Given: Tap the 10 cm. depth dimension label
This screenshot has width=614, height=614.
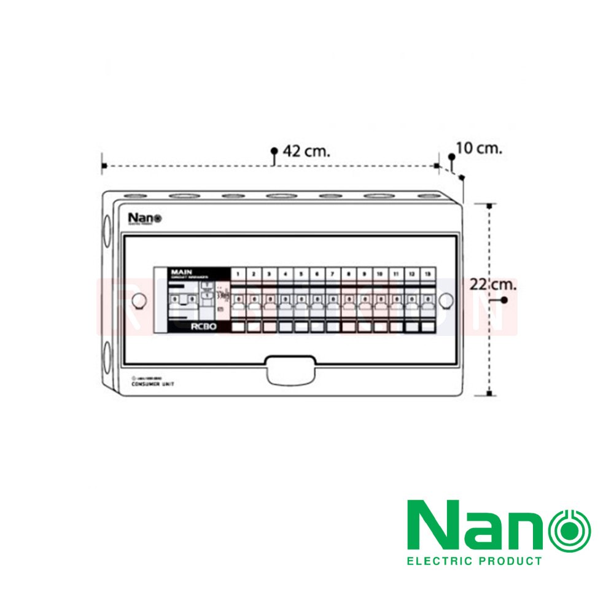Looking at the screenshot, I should point(479,148).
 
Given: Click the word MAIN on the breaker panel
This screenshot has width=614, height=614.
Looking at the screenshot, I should point(182,271).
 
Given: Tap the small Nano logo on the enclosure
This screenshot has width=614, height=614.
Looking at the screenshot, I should point(144,218).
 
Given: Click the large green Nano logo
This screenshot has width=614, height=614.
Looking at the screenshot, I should point(499,525).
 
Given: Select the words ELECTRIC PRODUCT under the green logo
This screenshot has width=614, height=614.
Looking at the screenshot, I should point(475,561).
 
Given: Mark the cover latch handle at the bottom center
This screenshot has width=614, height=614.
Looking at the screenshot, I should point(289,370).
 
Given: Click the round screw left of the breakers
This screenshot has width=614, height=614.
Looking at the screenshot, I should point(139,300).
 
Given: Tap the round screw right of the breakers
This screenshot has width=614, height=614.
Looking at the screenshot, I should point(446,300).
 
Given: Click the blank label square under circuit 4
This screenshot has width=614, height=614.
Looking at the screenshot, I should point(285,327).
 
